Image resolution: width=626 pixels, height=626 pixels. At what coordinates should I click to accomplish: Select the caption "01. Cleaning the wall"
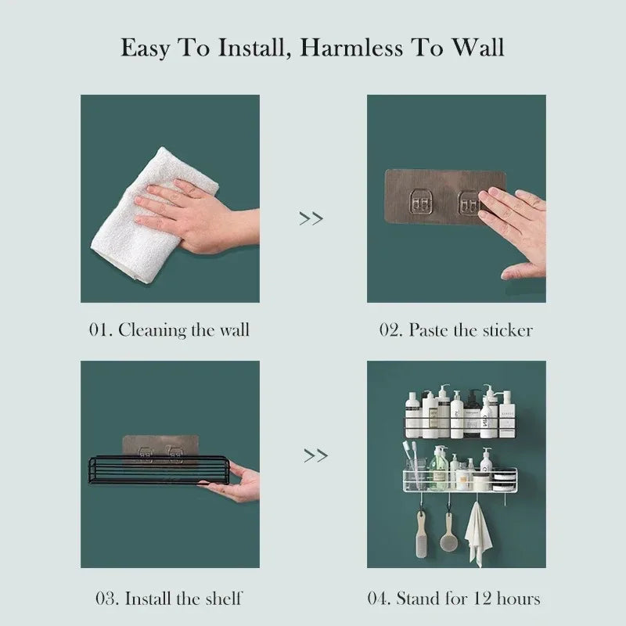tap(168, 329)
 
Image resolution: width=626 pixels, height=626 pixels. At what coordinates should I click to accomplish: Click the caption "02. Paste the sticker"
tap(456, 329)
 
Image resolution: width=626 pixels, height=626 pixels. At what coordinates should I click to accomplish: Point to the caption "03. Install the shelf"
tap(168, 599)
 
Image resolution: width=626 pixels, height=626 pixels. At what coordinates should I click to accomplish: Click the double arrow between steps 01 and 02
tap(311, 218)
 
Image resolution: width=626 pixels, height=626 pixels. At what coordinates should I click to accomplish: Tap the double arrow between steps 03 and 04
tap(315, 455)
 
